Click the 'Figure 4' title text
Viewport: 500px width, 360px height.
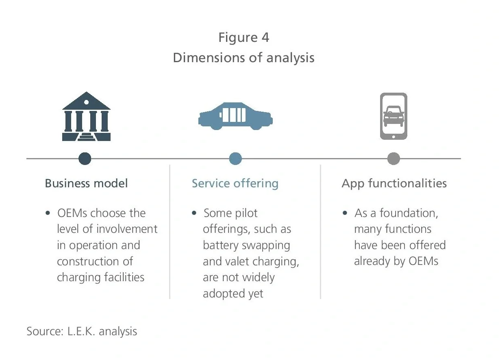click(243, 37)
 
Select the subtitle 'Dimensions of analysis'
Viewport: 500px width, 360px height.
click(243, 58)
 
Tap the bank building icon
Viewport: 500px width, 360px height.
click(86, 117)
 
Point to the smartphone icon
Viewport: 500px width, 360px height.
click(393, 116)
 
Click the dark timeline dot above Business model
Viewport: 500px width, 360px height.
click(85, 158)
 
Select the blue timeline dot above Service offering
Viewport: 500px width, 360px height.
click(235, 158)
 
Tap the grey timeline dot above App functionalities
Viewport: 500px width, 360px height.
click(393, 158)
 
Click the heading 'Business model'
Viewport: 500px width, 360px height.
click(86, 183)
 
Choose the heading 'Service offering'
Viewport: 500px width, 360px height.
click(235, 183)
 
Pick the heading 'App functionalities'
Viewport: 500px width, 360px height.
click(394, 183)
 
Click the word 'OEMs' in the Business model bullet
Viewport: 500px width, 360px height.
click(72, 213)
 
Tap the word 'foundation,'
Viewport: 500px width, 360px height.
click(409, 213)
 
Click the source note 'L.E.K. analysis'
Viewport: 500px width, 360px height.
click(101, 331)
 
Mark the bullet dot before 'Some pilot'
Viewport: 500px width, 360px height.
click(194, 213)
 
